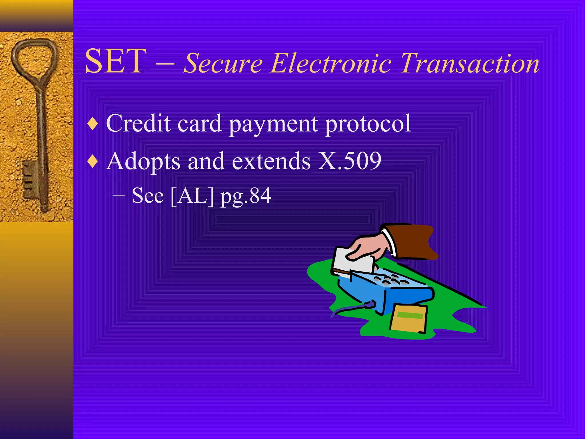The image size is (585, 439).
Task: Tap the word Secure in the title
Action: (223, 63)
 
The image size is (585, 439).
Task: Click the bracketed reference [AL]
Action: (192, 196)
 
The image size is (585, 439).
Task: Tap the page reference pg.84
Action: (246, 197)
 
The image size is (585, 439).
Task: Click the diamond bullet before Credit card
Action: (93, 124)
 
